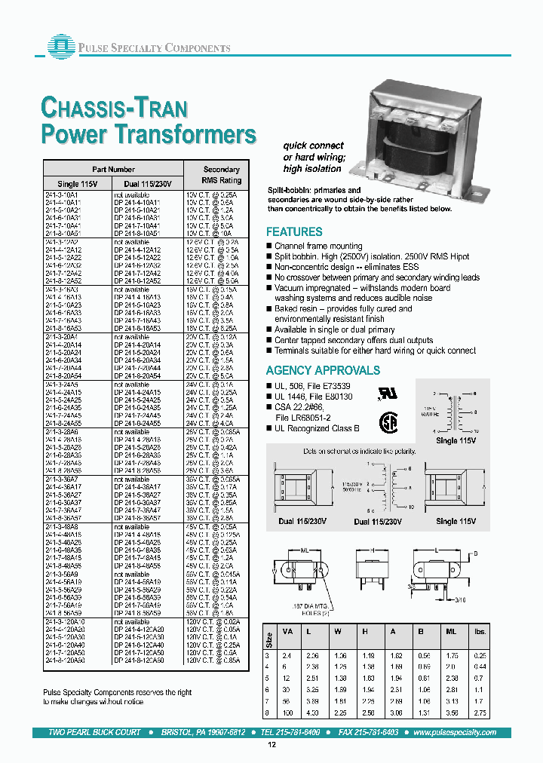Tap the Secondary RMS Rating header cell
click(x=221, y=175)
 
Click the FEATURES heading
click(x=294, y=232)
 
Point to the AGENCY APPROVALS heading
click(x=323, y=370)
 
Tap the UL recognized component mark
click(x=385, y=394)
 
